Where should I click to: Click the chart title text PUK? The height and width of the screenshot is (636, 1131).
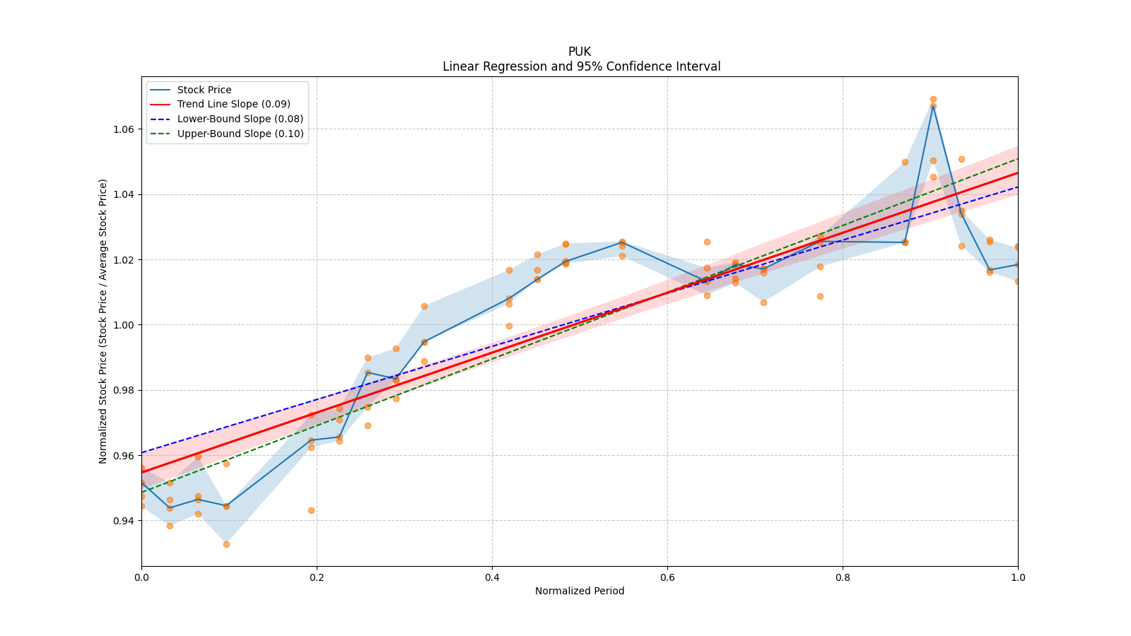pyautogui.click(x=579, y=52)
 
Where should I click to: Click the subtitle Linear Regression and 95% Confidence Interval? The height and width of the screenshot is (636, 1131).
pyautogui.click(x=581, y=66)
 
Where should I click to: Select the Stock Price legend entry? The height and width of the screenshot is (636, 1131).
pyautogui.click(x=204, y=90)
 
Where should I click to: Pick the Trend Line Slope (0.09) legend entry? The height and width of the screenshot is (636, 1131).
pyautogui.click(x=233, y=105)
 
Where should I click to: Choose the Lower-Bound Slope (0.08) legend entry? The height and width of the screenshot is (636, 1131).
pyautogui.click(x=240, y=119)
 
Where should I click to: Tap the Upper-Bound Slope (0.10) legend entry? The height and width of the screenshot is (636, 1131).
pyautogui.click(x=240, y=134)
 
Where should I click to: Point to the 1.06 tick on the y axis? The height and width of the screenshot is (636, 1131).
pyautogui.click(x=124, y=129)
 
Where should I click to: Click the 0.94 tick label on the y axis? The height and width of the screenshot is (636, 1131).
pyautogui.click(x=124, y=521)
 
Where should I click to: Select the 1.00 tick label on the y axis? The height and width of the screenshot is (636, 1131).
pyautogui.click(x=124, y=325)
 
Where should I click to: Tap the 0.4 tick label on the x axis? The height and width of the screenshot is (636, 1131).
pyautogui.click(x=492, y=577)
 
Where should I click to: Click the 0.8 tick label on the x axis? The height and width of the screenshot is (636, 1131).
pyautogui.click(x=843, y=577)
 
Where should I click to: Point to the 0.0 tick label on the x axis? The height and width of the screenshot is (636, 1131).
pyautogui.click(x=141, y=577)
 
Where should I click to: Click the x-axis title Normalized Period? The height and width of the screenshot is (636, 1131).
pyautogui.click(x=580, y=591)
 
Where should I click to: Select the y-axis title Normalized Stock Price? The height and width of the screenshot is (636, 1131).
pyautogui.click(x=103, y=321)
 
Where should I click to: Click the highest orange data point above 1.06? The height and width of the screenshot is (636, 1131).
pyautogui.click(x=933, y=100)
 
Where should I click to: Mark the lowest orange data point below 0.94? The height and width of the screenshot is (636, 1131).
pyautogui.click(x=226, y=544)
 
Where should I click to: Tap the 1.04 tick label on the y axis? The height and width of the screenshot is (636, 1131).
pyautogui.click(x=124, y=194)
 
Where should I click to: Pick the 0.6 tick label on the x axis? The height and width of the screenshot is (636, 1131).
pyautogui.click(x=667, y=577)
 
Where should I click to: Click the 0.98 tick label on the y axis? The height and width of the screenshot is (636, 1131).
pyautogui.click(x=124, y=390)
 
